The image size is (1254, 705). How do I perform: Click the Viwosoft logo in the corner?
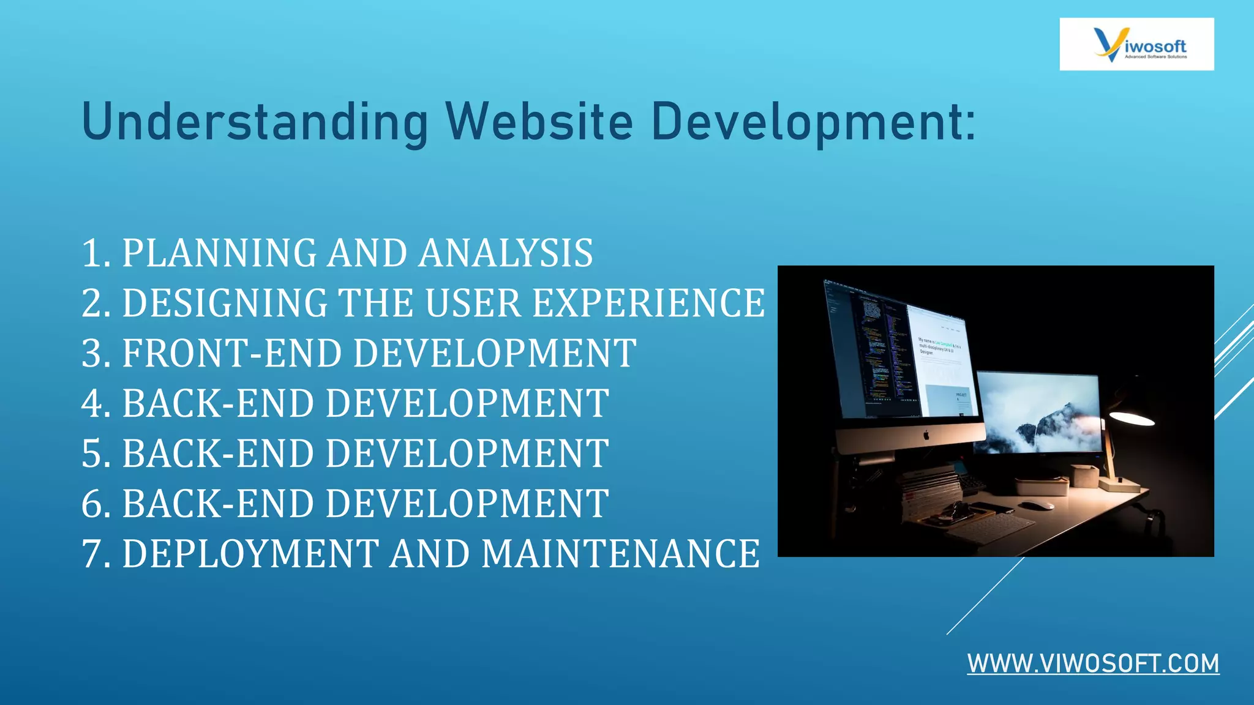1136,44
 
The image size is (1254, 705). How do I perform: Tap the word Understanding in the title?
255,122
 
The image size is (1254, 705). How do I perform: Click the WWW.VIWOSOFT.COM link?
1093,664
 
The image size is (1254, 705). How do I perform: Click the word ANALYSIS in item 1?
506,253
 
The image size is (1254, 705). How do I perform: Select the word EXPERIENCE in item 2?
648,304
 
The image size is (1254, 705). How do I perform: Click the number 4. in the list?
96,404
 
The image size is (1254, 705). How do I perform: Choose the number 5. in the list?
96,454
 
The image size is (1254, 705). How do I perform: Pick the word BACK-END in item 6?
218,504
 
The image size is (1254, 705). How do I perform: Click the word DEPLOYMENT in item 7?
251,554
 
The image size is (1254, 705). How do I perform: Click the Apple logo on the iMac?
926,435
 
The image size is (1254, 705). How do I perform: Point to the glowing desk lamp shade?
1132,419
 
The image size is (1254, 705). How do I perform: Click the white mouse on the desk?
1036,505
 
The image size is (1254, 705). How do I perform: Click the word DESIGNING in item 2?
225,304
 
